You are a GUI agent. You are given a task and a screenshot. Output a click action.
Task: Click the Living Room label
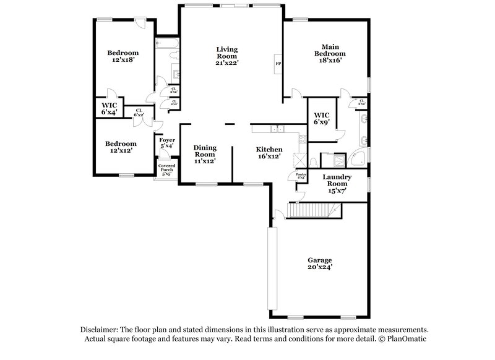click(227, 56)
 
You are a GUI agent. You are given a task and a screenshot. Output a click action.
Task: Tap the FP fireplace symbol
click(278, 64)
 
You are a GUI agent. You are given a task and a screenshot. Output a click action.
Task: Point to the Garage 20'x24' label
click(320, 264)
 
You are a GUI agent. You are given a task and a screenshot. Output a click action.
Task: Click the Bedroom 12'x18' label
click(122, 56)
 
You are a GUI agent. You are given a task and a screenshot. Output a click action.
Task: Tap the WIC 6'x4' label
click(109, 109)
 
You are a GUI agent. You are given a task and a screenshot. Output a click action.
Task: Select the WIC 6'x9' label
click(321, 119)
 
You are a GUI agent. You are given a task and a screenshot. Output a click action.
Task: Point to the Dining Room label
click(204, 154)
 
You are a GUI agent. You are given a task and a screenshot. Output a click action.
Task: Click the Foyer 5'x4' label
click(168, 144)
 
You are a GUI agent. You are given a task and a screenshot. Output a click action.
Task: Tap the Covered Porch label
click(166, 170)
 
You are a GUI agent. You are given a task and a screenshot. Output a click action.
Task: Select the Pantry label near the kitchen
click(301, 176)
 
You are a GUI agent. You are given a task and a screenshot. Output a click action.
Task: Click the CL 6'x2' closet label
click(139, 113)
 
